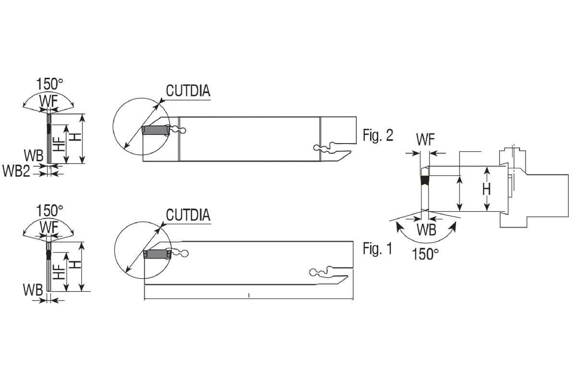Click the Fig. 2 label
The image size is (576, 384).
pos(378,135)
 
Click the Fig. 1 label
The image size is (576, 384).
pos(377,249)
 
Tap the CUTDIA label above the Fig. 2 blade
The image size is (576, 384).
pos(188,91)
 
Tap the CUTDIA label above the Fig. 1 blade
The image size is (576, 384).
pos(188,215)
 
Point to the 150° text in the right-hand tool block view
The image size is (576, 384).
pos(425,254)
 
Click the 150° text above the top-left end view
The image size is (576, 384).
pos(49,84)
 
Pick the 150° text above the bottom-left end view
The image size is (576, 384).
pos(49,210)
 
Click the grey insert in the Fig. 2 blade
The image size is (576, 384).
pos(156,131)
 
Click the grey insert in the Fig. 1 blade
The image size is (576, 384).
pos(157,254)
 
